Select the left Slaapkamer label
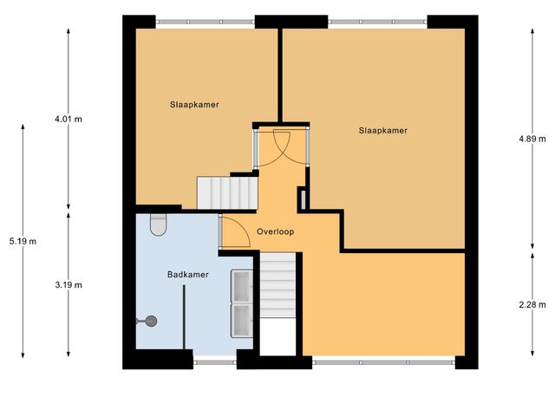(x=194, y=104)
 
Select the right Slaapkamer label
(x=383, y=130)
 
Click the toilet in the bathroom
(x=158, y=224)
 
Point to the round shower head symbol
(x=151, y=321)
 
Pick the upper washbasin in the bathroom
(x=240, y=285)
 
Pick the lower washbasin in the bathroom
(x=240, y=318)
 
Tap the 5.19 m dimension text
(x=22, y=241)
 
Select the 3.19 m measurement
(x=69, y=283)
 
